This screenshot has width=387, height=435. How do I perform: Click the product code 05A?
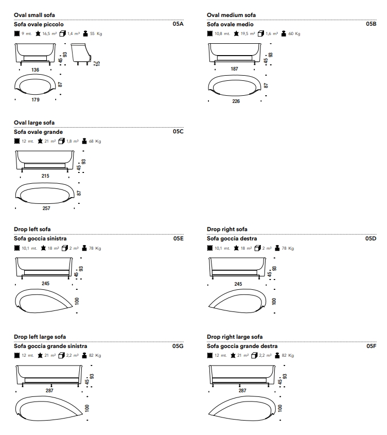coord(178,24)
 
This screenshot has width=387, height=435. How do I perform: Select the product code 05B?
coord(371,24)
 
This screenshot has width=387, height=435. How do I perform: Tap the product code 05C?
coord(178,131)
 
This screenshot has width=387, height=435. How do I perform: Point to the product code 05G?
coord(178,346)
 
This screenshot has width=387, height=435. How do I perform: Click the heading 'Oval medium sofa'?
coord(232,15)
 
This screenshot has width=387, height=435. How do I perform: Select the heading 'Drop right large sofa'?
coord(235,337)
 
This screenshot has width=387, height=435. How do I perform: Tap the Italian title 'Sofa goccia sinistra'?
coord(40,238)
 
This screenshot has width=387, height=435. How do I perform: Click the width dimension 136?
coord(35,70)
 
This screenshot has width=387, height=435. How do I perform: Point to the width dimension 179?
coord(35,99)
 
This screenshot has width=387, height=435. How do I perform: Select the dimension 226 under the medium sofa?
coord(236,101)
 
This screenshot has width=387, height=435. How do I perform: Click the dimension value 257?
coord(46,208)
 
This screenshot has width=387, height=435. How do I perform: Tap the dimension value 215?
coord(45,176)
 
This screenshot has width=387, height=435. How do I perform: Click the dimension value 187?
coord(235,69)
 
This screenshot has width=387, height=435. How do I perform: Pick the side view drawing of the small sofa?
coord(81,55)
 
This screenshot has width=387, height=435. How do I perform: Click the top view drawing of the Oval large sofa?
coord(45,194)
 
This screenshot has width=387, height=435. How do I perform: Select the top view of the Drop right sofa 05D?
coord(237,301)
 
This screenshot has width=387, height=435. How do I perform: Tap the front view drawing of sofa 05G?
coord(49,376)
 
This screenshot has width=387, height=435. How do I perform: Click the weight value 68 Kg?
coord(95,141)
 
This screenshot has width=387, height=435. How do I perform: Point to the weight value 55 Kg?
coord(96,33)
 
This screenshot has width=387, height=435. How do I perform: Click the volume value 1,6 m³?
coord(272,33)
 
